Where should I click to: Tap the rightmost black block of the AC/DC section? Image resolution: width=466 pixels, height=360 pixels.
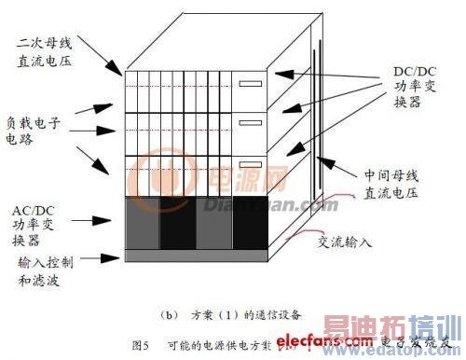(x=247, y=225)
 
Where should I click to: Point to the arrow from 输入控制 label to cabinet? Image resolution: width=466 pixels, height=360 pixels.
(x=104, y=256)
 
